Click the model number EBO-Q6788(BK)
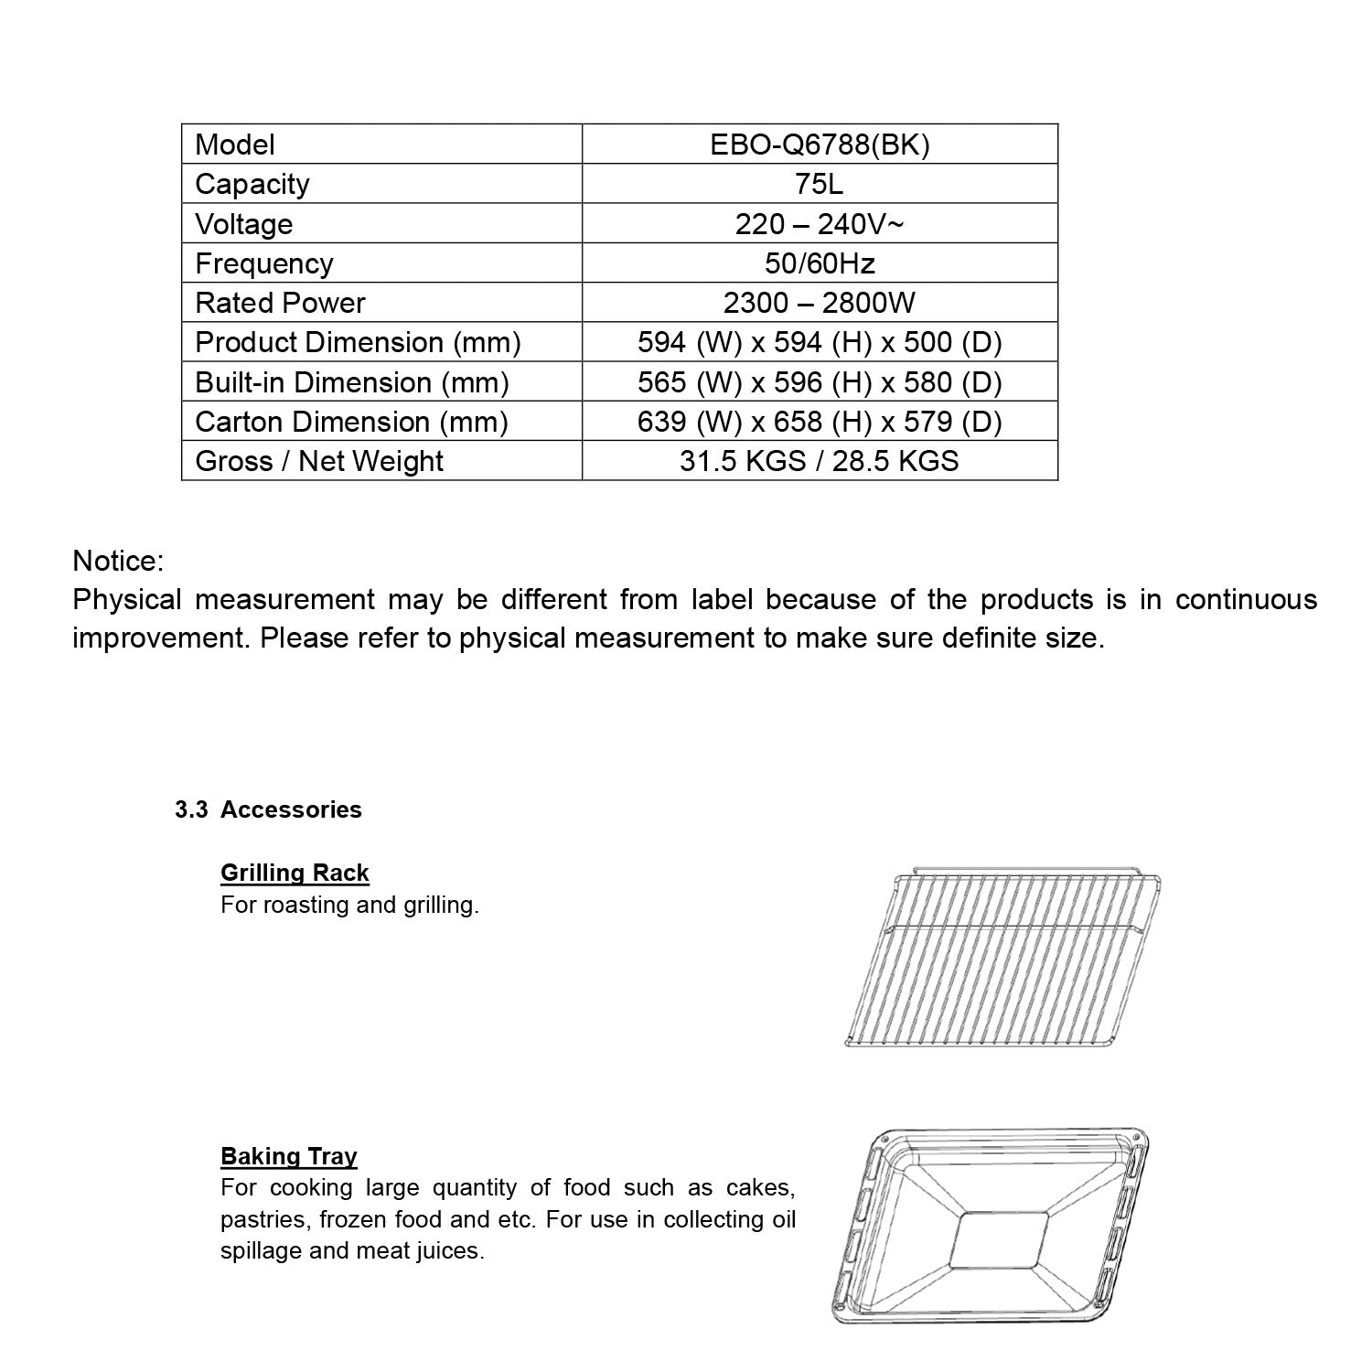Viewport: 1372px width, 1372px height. (x=820, y=145)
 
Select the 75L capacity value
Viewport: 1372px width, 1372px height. (x=820, y=184)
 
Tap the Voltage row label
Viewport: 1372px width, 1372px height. (x=244, y=224)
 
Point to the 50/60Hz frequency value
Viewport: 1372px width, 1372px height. (x=820, y=263)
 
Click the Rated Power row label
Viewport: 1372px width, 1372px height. (x=280, y=303)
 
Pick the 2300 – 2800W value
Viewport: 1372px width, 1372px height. (x=820, y=303)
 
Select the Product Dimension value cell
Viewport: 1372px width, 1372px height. (x=820, y=342)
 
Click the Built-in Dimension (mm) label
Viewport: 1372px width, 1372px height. (x=352, y=382)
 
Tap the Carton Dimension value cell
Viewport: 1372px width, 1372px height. (x=820, y=422)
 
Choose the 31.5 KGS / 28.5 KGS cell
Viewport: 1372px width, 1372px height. (x=820, y=461)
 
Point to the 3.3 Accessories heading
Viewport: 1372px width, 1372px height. (x=269, y=809)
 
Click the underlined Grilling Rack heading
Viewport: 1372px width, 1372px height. (x=295, y=873)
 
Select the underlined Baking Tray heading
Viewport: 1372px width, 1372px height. (x=288, y=1156)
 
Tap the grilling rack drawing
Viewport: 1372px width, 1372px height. (x=1004, y=959)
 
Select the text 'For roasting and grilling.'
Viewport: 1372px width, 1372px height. (x=349, y=906)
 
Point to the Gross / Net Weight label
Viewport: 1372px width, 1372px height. (x=319, y=461)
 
